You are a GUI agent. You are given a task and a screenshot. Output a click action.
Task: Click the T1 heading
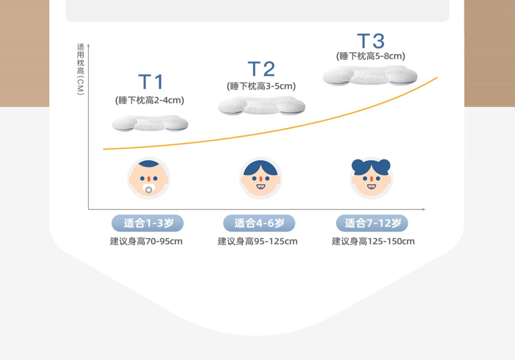[150, 82]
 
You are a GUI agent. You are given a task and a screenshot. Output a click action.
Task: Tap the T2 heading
[261, 69]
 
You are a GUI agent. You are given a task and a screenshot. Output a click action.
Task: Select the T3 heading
[371, 41]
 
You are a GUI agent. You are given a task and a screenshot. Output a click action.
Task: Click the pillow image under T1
[150, 123]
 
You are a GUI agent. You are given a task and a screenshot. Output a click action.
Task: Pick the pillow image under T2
[262, 105]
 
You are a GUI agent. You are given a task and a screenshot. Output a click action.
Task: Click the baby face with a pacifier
[149, 178]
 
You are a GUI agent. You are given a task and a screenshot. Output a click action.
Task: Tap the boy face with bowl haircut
[261, 178]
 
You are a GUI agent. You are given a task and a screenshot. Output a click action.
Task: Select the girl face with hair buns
[371, 178]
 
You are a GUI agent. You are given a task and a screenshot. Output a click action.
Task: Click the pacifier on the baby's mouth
[149, 189]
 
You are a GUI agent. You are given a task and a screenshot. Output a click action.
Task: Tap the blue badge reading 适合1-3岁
[148, 223]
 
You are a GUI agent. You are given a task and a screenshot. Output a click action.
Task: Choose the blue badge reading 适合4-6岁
[259, 223]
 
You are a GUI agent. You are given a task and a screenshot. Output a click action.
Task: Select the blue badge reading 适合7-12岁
[372, 223]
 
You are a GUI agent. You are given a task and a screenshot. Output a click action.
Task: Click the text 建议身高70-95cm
[146, 241]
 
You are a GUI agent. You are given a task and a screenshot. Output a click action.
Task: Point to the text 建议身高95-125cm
[257, 241]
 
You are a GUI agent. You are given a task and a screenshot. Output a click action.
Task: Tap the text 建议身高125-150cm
[373, 241]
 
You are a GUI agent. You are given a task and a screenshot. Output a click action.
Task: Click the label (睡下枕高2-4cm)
[150, 100]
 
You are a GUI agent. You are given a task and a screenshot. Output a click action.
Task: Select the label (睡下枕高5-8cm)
[370, 56]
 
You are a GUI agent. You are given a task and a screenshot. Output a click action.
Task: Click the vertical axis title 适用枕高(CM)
[80, 69]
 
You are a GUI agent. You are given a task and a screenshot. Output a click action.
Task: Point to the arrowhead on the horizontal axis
[424, 209]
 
